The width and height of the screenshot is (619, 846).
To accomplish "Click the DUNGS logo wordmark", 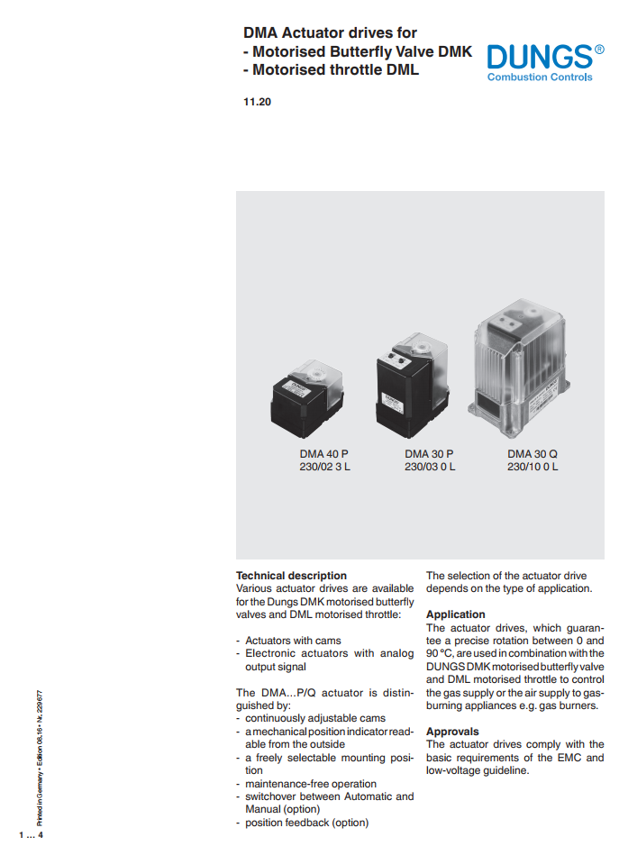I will tap(539, 57).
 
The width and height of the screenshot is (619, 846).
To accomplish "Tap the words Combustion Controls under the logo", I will tap(540, 77).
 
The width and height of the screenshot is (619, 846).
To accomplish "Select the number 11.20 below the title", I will tap(257, 102).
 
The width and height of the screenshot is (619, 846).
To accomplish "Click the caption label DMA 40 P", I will tap(325, 454).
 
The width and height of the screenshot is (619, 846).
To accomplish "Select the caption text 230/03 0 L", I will tap(430, 467).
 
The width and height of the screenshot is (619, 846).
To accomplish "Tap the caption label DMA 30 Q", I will tap(533, 454).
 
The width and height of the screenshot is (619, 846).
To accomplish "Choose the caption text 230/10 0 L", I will tap(533, 467).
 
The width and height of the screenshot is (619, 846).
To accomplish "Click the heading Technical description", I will tap(291, 576).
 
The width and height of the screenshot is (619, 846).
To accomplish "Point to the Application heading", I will tap(456, 614).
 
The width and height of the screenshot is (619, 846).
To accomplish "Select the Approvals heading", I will tap(452, 732).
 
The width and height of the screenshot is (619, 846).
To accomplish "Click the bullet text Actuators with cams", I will tap(290, 641).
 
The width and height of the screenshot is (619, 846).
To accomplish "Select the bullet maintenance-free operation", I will tap(311, 784).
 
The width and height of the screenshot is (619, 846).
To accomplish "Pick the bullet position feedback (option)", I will tap(307, 823).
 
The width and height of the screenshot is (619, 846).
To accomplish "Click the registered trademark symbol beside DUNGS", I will tap(600, 49).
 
